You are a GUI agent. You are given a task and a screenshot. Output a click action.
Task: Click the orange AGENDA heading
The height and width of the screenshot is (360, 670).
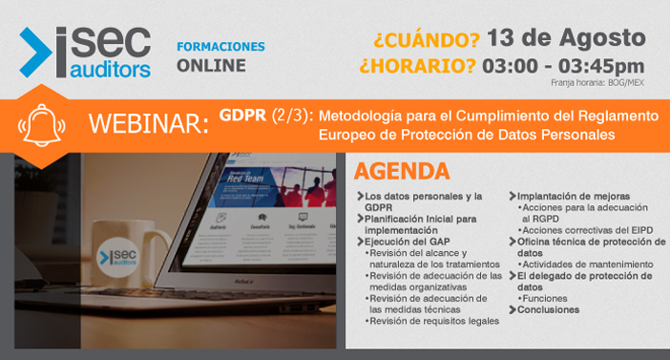tap(401, 172)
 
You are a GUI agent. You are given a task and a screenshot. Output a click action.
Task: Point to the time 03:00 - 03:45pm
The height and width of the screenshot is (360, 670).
tap(564, 66)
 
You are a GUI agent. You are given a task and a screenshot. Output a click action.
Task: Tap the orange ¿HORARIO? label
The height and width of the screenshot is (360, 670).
tap(418, 66)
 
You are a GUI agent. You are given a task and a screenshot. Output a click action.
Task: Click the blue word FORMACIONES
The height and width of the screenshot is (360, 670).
tap(220, 47)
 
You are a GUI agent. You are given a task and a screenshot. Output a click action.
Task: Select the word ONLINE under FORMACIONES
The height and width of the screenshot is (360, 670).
tap(211, 66)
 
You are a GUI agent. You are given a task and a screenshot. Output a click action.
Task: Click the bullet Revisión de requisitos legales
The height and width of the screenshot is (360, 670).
tap(436, 321)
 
